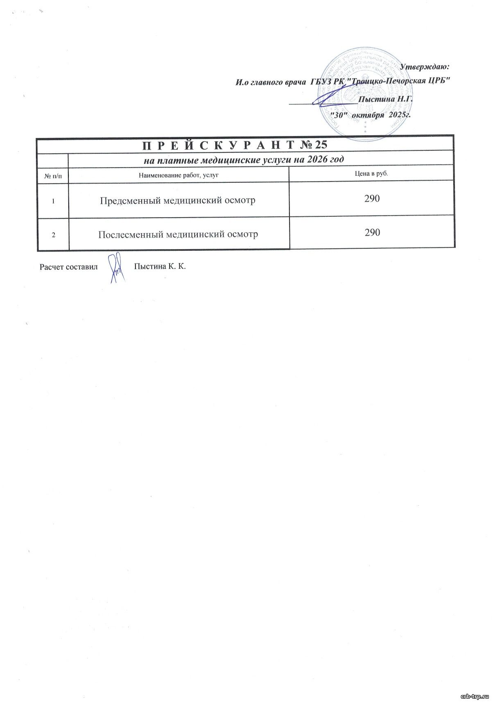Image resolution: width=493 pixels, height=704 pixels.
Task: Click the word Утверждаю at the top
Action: pyautogui.click(x=425, y=66)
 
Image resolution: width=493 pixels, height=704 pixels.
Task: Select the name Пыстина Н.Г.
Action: pyautogui.click(x=385, y=99)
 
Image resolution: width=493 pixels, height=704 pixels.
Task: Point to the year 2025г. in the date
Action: pyautogui.click(x=401, y=115)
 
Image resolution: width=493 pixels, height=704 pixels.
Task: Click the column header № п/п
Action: pyautogui.click(x=53, y=175)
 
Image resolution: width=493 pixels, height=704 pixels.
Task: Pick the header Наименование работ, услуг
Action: pyautogui.click(x=179, y=175)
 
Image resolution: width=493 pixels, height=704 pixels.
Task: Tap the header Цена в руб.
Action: pyautogui.click(x=371, y=174)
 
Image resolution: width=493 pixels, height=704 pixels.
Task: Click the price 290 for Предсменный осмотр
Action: pyautogui.click(x=372, y=199)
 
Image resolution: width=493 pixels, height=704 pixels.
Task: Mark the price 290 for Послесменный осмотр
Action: pyautogui.click(x=372, y=233)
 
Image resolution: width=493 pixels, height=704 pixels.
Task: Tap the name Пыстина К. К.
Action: pyautogui.click(x=160, y=267)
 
